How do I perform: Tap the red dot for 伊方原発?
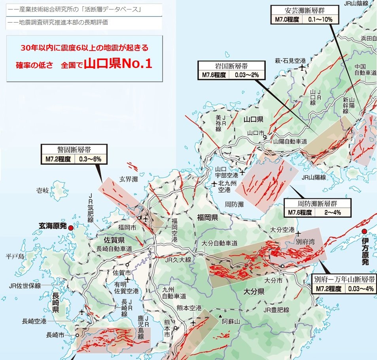coord(364,232)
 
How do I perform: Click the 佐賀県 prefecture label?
coord(114,240)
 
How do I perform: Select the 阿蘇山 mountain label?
coord(231,322)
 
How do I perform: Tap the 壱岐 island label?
coord(42,190)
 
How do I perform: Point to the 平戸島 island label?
coord(15,256)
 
